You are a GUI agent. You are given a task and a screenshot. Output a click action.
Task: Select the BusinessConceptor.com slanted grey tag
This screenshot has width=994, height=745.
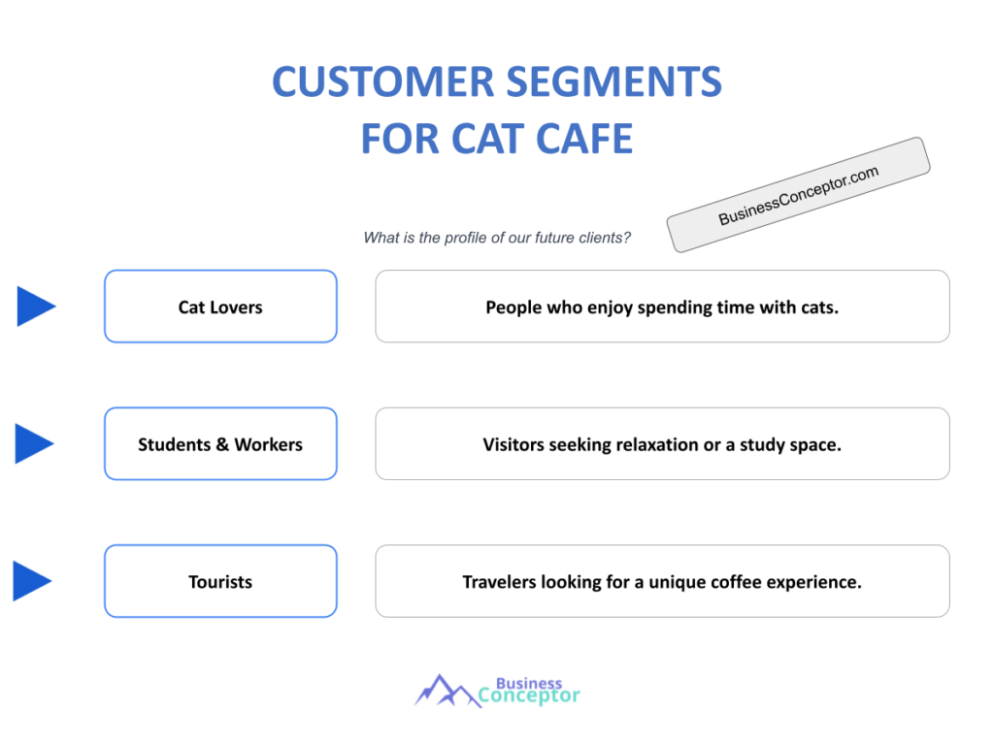[798, 195]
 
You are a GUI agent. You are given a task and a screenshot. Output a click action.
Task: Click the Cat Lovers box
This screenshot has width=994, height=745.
[220, 307]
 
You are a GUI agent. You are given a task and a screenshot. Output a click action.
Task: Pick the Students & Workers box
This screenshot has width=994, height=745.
[220, 444]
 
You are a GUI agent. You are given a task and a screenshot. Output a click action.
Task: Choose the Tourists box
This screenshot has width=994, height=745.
[220, 582]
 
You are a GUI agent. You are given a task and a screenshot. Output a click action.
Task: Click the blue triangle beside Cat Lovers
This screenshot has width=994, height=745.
[36, 307]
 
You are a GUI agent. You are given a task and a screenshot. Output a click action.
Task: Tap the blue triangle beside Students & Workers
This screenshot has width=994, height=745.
[35, 443]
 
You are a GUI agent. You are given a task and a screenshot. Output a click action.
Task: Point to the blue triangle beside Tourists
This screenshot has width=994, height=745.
[32, 581]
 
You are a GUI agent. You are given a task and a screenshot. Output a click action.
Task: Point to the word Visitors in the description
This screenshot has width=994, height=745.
[514, 445]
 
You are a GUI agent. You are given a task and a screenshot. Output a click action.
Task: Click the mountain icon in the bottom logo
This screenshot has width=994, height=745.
[444, 690]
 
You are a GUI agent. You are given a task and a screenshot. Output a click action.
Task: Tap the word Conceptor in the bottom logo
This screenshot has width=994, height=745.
[530, 696]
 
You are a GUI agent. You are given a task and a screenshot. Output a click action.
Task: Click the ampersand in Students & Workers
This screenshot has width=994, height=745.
[222, 445]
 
